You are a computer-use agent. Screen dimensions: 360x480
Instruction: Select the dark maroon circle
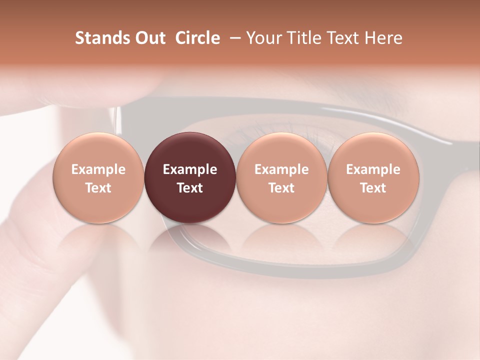(x=190, y=177)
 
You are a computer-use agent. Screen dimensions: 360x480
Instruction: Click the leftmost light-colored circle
(x=98, y=177)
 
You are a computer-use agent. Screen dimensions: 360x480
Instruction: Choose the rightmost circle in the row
(x=373, y=177)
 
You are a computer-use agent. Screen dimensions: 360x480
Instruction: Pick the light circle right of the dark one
(x=281, y=177)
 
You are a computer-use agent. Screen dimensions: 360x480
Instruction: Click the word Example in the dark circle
(x=190, y=169)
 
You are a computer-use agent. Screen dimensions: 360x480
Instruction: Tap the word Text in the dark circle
(x=190, y=188)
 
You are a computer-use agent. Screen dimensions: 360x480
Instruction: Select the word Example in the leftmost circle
(x=98, y=169)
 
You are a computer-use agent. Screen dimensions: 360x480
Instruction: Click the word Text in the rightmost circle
(x=373, y=188)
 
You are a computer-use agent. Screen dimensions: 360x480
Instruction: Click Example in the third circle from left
(x=281, y=169)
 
